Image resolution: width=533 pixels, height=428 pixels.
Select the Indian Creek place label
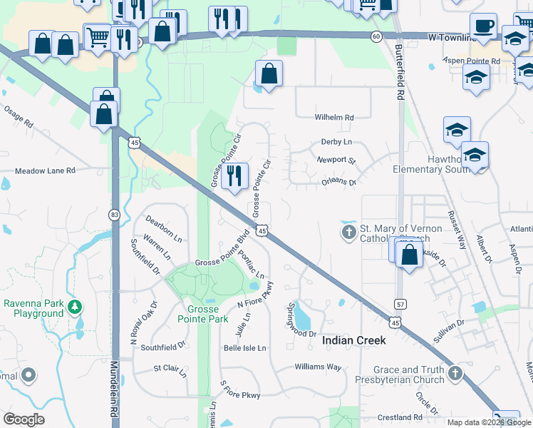(x=354, y=340)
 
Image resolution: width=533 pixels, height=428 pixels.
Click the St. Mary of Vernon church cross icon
(x=349, y=233)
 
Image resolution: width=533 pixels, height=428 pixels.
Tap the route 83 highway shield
(x=114, y=214)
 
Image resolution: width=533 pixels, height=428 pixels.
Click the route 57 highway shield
(x=401, y=304)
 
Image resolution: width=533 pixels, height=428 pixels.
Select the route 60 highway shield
(x=376, y=36)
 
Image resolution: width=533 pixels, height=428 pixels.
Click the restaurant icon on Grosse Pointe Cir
(x=234, y=175)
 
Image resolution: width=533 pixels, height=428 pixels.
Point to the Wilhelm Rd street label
(x=334, y=118)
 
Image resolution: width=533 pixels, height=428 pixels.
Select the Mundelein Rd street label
(x=113, y=389)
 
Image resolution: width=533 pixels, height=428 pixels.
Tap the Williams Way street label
(x=319, y=367)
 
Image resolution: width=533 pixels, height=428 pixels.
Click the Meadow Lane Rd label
(x=46, y=171)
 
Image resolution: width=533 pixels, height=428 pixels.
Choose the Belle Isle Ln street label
(x=244, y=348)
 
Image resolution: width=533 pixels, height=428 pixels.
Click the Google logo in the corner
(x=24, y=419)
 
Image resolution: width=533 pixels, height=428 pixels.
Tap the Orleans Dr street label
(x=336, y=182)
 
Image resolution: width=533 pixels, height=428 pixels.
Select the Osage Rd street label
(x=19, y=118)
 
